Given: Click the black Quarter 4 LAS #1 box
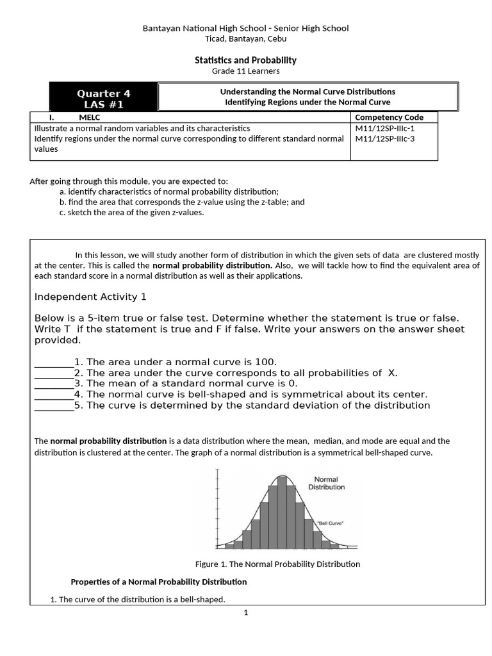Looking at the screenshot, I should [103, 98].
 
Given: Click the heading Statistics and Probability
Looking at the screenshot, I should [245, 60].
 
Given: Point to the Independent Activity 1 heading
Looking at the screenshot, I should [90, 297].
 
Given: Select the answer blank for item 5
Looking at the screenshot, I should [54, 406].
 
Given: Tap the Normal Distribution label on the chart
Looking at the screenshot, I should [326, 483].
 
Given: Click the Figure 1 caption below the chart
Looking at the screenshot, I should [277, 564].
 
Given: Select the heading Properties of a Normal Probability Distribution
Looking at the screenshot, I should [158, 582].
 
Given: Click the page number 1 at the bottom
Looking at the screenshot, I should [245, 612].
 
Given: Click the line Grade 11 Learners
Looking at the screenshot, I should [245, 71].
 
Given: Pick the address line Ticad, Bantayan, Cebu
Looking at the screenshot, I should [245, 38].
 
